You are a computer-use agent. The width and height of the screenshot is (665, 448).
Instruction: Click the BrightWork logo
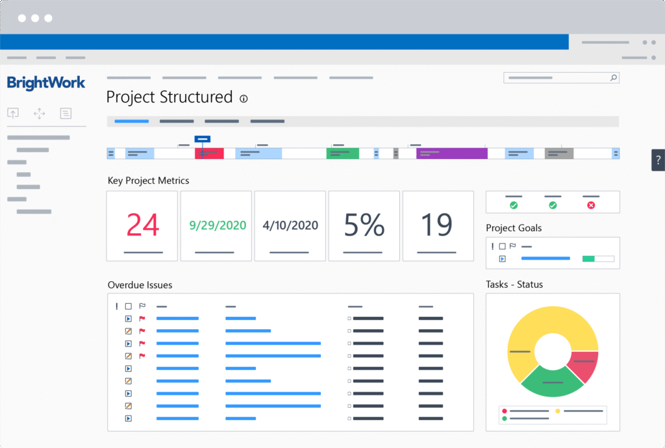[x=46, y=82]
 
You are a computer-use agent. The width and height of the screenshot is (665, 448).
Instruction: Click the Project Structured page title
[x=169, y=97]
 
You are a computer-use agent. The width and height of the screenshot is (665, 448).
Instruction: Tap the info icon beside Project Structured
[x=244, y=99]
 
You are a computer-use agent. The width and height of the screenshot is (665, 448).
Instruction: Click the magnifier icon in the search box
[x=613, y=78]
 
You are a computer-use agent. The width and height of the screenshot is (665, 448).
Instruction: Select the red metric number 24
[x=142, y=225]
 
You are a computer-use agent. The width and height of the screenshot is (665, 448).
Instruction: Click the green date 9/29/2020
[x=218, y=225]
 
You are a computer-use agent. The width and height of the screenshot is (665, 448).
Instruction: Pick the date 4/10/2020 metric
[x=290, y=225]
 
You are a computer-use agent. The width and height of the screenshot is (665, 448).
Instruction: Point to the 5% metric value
[x=364, y=225]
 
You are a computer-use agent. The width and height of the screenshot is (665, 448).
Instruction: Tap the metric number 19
[x=437, y=225]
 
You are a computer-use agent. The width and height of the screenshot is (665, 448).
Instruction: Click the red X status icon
[x=591, y=205]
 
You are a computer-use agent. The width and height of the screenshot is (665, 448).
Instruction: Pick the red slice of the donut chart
[x=583, y=367]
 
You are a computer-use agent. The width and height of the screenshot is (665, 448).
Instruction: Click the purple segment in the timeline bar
[x=452, y=153]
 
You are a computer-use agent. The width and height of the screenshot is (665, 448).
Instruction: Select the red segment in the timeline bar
[x=209, y=153]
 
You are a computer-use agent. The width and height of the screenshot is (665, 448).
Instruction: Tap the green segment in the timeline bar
[x=342, y=153]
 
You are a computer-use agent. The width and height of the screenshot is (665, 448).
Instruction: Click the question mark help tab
[x=658, y=160]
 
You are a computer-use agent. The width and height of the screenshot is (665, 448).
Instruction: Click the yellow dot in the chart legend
[x=558, y=411]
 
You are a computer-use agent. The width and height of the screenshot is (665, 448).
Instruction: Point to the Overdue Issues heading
[x=140, y=284]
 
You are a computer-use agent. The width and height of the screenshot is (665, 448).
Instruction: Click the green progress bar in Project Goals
[x=588, y=258]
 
